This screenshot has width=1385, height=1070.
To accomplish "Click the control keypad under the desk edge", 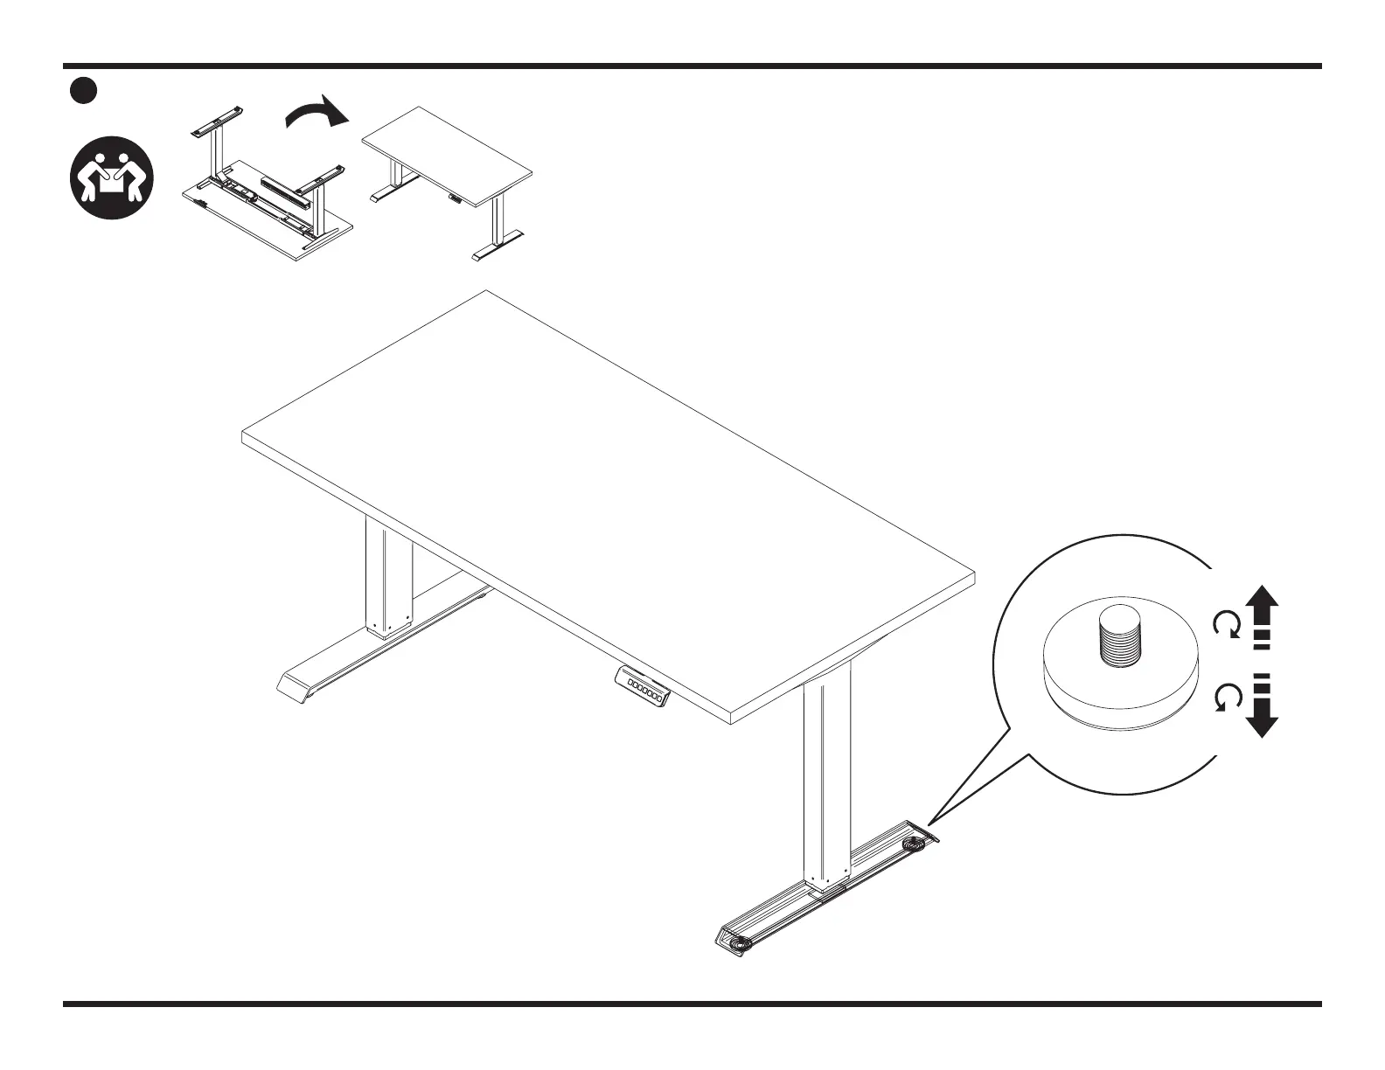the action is (x=644, y=686).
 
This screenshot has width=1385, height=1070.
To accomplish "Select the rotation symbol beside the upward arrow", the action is (x=1226, y=624).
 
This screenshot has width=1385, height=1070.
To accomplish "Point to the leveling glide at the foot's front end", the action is (x=741, y=943).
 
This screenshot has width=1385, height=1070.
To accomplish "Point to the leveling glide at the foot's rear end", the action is (x=915, y=844).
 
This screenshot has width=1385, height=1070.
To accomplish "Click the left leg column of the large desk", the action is (x=388, y=577).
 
